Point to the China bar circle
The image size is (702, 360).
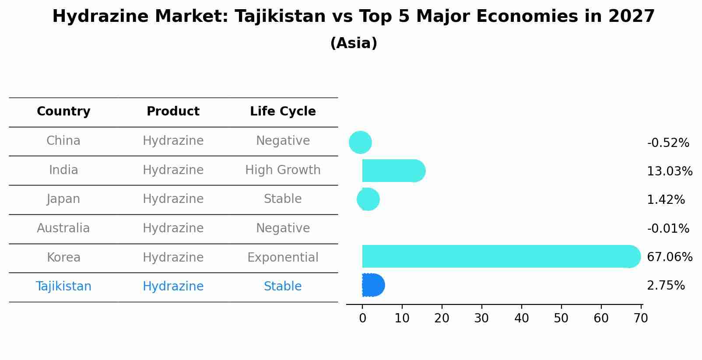click(x=360, y=142)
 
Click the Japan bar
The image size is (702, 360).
click(x=368, y=199)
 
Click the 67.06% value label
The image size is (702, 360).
click(x=669, y=257)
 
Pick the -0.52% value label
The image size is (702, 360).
click(x=668, y=143)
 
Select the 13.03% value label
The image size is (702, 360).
click(x=669, y=171)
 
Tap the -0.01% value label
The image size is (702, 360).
click(x=668, y=228)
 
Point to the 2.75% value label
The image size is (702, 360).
click(x=666, y=286)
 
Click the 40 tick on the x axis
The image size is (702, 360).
click(x=521, y=318)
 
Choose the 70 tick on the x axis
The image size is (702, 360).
click(x=641, y=318)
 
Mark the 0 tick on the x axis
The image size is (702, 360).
click(x=362, y=318)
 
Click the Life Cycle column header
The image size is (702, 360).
click(x=283, y=112)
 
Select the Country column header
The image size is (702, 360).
click(x=63, y=112)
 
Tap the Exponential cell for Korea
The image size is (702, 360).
click(x=283, y=257)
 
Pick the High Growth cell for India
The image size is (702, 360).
click(x=283, y=170)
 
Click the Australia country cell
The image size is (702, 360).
click(x=63, y=228)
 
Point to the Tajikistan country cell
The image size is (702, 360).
click(x=63, y=287)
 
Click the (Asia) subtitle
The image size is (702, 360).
click(x=354, y=43)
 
